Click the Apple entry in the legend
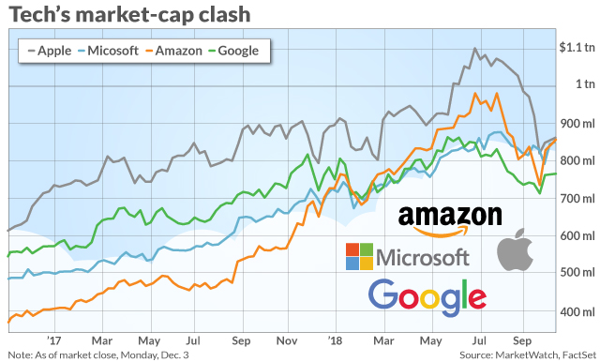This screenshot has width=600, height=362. (x=50, y=51)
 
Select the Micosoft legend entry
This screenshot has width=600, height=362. (x=108, y=51)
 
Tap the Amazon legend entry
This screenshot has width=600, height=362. (x=173, y=51)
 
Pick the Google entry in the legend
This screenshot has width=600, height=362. (x=233, y=51)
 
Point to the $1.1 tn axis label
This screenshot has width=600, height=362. (x=577, y=47)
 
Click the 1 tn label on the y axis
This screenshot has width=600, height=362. (x=585, y=83)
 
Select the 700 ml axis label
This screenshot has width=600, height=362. (x=577, y=199)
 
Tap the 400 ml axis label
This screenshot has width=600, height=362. (x=577, y=312)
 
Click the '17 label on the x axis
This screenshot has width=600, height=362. (x=54, y=340)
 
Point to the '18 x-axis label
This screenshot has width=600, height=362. (x=336, y=340)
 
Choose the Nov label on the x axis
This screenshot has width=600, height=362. (x=287, y=340)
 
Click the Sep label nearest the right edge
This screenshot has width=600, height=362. (x=522, y=340)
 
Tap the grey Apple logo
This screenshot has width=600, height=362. (x=516, y=249)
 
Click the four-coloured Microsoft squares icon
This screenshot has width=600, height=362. (x=359, y=256)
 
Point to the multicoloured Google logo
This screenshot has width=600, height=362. (x=427, y=297)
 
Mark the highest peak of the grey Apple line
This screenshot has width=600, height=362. (x=475, y=49)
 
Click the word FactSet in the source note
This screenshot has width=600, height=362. (x=579, y=354)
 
